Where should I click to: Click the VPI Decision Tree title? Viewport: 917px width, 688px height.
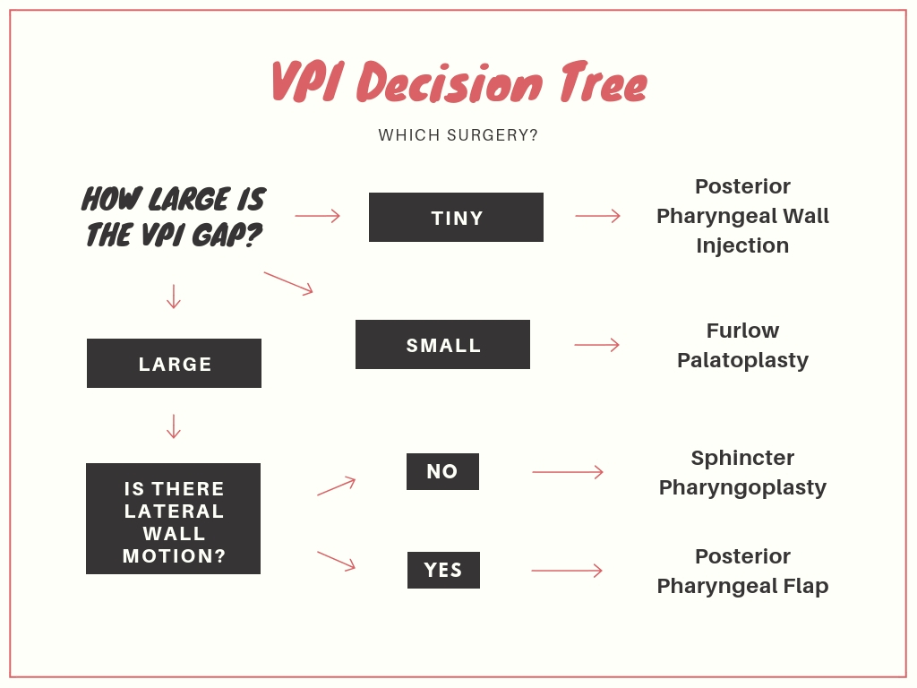click(x=458, y=84)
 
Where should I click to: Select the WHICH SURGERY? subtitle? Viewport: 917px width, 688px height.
click(x=458, y=135)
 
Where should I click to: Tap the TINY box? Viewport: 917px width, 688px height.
click(x=456, y=217)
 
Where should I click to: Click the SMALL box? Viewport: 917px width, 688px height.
click(x=442, y=345)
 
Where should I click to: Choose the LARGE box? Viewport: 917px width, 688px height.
click(x=174, y=364)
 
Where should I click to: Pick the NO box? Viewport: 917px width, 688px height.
click(x=442, y=472)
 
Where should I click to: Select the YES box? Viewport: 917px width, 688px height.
click(x=443, y=571)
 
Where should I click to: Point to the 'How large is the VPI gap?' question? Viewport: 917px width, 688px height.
click(x=174, y=216)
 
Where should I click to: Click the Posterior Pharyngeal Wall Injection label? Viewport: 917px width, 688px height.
click(x=742, y=216)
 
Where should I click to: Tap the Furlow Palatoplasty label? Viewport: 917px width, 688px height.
click(x=742, y=345)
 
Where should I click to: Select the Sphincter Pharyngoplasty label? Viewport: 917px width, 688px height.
click(x=742, y=472)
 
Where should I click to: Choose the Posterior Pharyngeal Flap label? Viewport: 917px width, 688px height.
click(x=742, y=571)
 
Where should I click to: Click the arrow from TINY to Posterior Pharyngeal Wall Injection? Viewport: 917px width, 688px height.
click(x=597, y=216)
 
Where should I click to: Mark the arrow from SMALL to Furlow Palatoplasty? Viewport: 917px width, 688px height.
click(x=597, y=345)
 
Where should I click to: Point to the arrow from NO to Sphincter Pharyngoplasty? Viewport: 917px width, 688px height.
click(x=568, y=472)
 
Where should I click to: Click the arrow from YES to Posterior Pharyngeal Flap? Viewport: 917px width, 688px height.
click(x=567, y=571)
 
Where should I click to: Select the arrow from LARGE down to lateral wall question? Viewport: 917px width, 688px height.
click(x=174, y=426)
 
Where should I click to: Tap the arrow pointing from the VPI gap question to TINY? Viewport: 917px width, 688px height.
click(x=318, y=216)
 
